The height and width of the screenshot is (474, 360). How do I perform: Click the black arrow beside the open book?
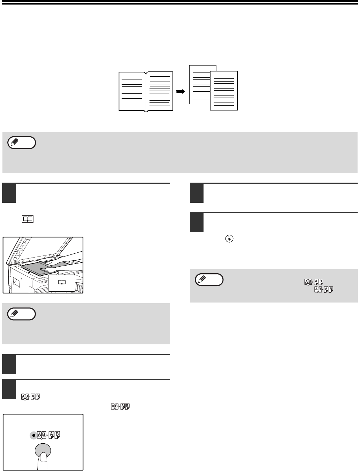point(181,91)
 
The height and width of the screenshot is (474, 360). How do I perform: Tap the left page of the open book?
point(132,91)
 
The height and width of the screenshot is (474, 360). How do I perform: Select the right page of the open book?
point(160,91)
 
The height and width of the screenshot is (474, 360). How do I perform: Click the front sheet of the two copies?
point(224,91)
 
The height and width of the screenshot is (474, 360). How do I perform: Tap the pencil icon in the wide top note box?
point(14,143)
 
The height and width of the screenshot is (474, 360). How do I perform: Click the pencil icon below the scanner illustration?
point(14,314)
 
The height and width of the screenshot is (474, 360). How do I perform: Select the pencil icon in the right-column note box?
point(202,280)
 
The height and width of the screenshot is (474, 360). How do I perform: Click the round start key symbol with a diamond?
point(229,239)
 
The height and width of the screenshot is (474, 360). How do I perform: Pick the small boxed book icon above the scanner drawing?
point(28,219)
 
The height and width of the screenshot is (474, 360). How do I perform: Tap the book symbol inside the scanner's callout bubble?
point(62,282)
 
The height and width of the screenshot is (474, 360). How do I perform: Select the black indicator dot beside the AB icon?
point(33,435)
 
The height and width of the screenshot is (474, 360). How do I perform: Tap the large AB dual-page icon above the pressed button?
point(48,435)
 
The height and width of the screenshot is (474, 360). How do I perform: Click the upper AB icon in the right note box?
point(314,282)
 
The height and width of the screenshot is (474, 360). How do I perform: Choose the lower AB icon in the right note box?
point(324,290)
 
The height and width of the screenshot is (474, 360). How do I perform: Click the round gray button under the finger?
point(43,450)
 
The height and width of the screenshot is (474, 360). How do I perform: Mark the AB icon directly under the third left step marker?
point(31,397)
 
